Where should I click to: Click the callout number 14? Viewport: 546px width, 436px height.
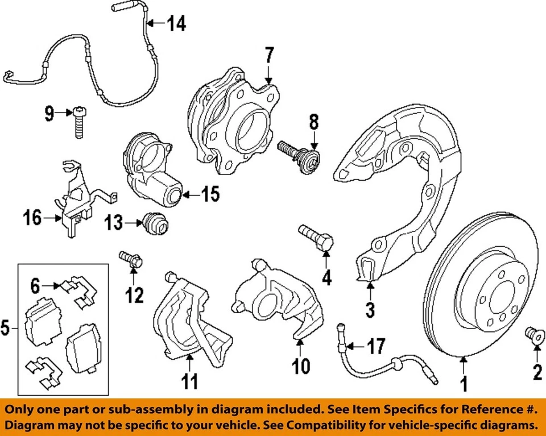coord(177,24)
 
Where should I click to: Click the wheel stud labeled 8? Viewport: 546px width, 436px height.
coord(300,154)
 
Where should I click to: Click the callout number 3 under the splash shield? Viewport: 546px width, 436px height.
coord(370,310)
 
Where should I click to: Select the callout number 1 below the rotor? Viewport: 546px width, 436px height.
coord(464,384)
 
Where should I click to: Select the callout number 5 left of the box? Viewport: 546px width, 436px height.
coord(5,328)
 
